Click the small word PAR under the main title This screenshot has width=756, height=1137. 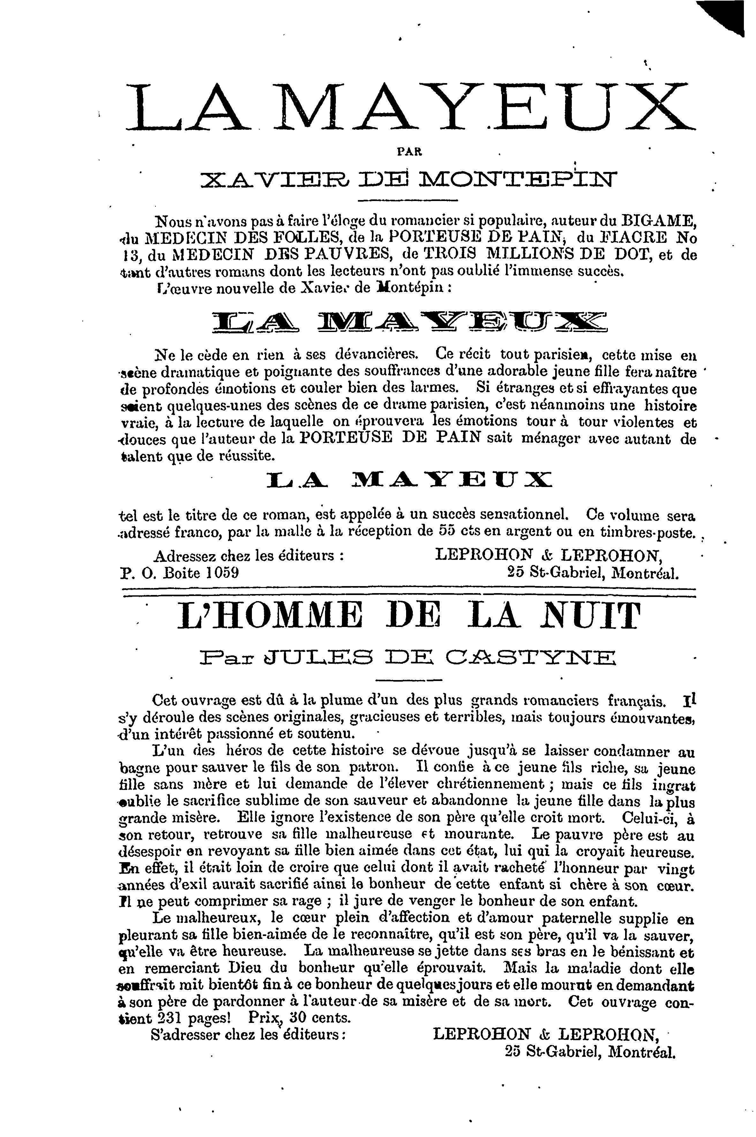point(409,151)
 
